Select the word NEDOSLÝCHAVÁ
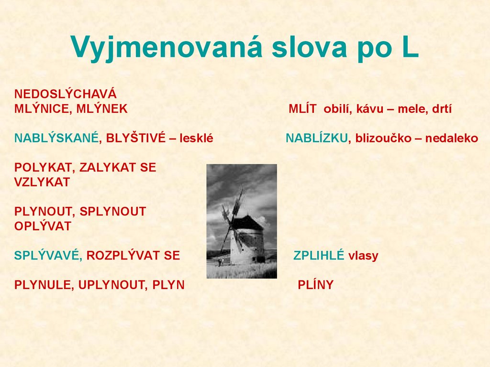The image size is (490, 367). tap(66, 94)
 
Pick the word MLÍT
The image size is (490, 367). tap(302, 109)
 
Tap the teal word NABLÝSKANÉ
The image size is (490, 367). tap(56, 139)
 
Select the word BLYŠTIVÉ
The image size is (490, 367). tap(135, 139)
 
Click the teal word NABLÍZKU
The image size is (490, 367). tap(317, 139)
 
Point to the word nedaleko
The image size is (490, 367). tap(452, 139)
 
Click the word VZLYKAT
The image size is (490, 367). tap(42, 182)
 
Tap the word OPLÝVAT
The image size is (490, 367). tap(43, 226)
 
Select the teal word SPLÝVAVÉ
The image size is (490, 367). tap(46, 256)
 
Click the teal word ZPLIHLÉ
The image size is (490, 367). tap(319, 256)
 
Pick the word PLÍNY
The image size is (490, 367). tap(315, 285)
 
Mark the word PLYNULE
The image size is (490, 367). tap(43, 285)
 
